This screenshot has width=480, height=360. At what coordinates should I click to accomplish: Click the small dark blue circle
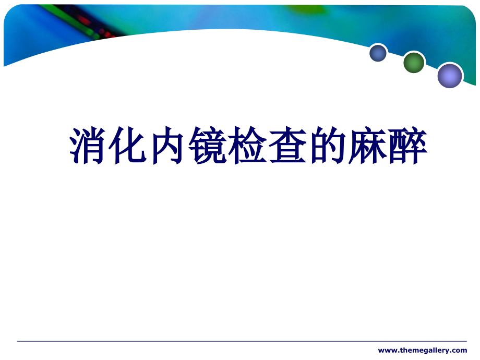(x=378, y=53)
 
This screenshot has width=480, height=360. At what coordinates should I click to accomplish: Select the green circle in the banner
(x=414, y=63)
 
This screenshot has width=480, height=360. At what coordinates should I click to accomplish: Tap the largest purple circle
(x=450, y=76)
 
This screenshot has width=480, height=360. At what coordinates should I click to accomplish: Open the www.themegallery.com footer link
(x=423, y=350)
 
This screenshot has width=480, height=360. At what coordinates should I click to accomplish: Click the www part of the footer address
(x=386, y=350)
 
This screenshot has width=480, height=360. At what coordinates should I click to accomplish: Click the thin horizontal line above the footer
(x=240, y=341)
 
